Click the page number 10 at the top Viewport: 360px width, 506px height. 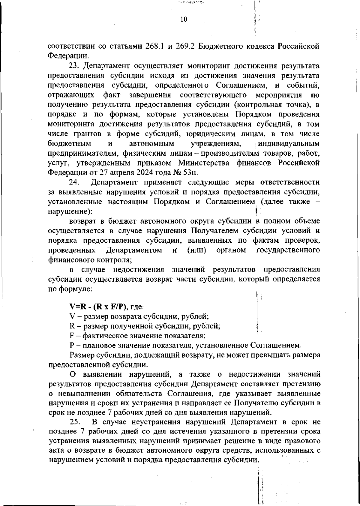point(184,19)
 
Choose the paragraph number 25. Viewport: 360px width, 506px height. point(75,422)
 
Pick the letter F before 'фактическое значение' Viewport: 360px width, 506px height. point(72,336)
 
